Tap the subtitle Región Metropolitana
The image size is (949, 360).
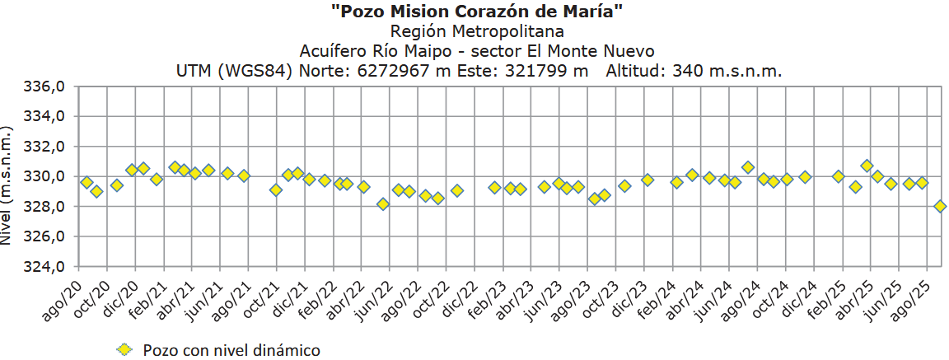pos(478,31)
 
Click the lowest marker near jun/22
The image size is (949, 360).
pos(383,203)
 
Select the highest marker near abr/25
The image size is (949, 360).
pos(867,166)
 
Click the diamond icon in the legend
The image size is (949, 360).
pos(124,350)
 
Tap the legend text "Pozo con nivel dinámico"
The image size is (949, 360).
pos(231,350)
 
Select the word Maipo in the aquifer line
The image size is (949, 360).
pos(438,51)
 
